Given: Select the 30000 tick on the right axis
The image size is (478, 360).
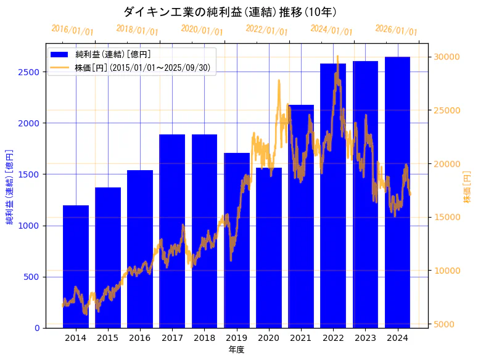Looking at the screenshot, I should [445, 57].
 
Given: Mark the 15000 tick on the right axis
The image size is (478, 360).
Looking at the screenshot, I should [445, 217].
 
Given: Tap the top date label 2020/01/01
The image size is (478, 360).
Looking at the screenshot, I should [202, 30].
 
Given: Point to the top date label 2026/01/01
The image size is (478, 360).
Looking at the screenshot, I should [396, 31].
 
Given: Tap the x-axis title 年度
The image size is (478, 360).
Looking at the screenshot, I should [236, 350].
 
